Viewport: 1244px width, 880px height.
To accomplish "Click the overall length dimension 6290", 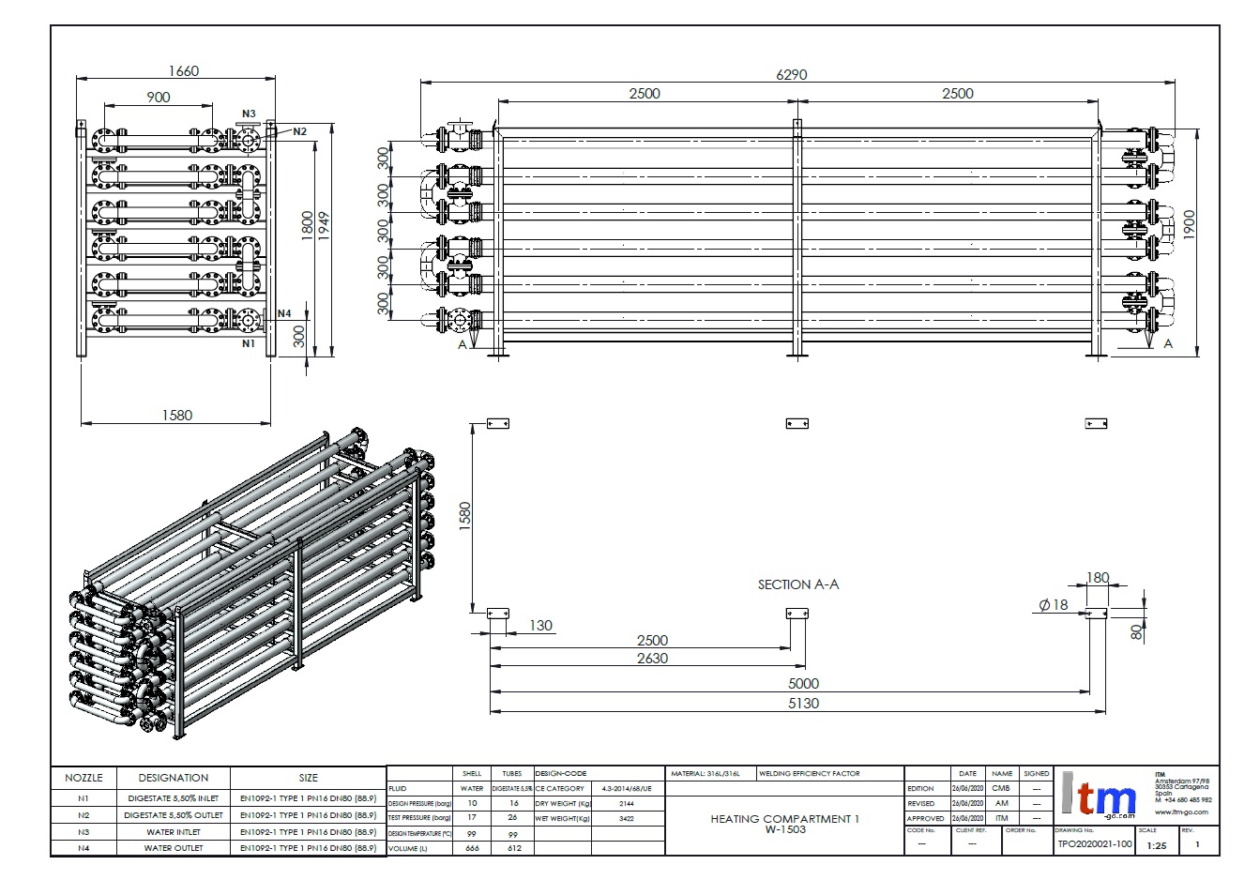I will (791, 75).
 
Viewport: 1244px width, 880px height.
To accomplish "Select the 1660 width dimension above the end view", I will (183, 71).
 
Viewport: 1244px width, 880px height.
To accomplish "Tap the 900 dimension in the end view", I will (159, 98).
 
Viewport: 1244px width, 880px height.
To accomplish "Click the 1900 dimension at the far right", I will (1189, 225).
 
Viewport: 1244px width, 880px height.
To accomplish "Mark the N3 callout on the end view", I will (249, 113).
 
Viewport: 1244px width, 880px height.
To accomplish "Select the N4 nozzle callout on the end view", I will (285, 313).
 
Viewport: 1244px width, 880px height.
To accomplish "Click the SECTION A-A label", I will (798, 584).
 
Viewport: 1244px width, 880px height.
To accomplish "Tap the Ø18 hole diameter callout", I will (1054, 605).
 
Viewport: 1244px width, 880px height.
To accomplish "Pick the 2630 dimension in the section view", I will (652, 659).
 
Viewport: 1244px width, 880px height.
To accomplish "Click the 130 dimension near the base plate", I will (540, 626).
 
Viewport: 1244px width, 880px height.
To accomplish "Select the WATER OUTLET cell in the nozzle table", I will (174, 848).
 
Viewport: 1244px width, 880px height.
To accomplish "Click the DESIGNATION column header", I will (174, 778).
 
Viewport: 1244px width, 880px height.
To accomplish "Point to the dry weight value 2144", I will (627, 804).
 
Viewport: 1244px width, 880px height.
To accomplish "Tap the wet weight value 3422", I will (627, 818).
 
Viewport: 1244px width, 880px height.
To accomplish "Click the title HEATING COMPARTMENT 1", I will (784, 819).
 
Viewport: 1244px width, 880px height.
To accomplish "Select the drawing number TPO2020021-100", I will (1094, 844).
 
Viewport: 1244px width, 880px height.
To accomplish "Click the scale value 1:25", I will (1157, 844).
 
